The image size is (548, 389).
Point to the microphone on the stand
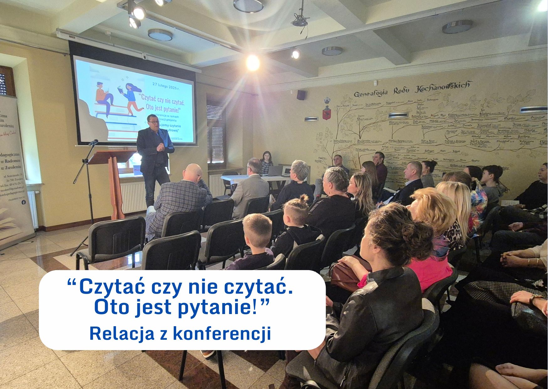pyautogui.click(x=93, y=143)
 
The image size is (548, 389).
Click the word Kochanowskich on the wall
pyautogui.click(x=443, y=87)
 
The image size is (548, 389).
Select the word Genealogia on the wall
pyautogui.click(x=371, y=93)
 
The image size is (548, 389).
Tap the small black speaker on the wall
pyautogui.click(x=301, y=95)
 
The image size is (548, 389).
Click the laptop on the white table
pyautogui.click(x=276, y=171)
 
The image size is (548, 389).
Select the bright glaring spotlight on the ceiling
pyautogui.click(x=253, y=62)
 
